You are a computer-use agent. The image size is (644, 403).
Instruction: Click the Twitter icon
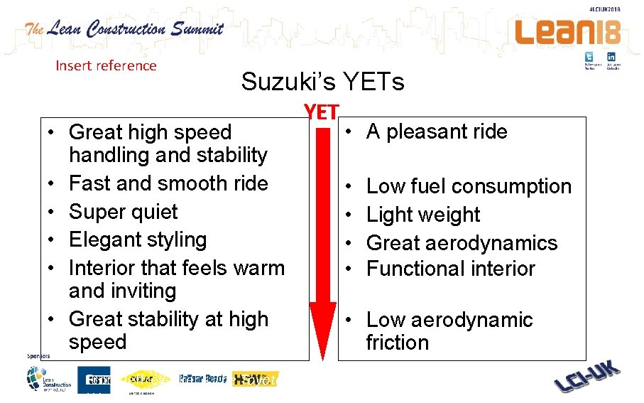tap(589, 57)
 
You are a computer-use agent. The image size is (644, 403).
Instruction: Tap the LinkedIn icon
tap(611, 57)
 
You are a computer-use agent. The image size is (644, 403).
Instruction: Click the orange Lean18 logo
tap(567, 31)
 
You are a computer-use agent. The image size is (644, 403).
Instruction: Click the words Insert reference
tap(106, 65)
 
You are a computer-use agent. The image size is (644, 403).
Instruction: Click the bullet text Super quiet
tap(123, 212)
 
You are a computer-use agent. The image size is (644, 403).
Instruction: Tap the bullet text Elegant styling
tap(138, 240)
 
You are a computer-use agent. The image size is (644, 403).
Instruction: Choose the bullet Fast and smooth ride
tap(168, 183)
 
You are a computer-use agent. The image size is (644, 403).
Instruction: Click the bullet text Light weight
tap(423, 215)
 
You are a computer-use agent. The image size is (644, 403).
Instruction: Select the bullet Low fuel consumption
tap(469, 186)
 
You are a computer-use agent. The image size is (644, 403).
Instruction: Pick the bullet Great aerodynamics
tap(462, 243)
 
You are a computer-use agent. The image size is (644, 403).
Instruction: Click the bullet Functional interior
tap(450, 269)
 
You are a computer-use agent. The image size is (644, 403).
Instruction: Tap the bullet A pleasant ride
tap(437, 131)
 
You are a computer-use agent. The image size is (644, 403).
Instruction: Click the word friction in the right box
tap(397, 343)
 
